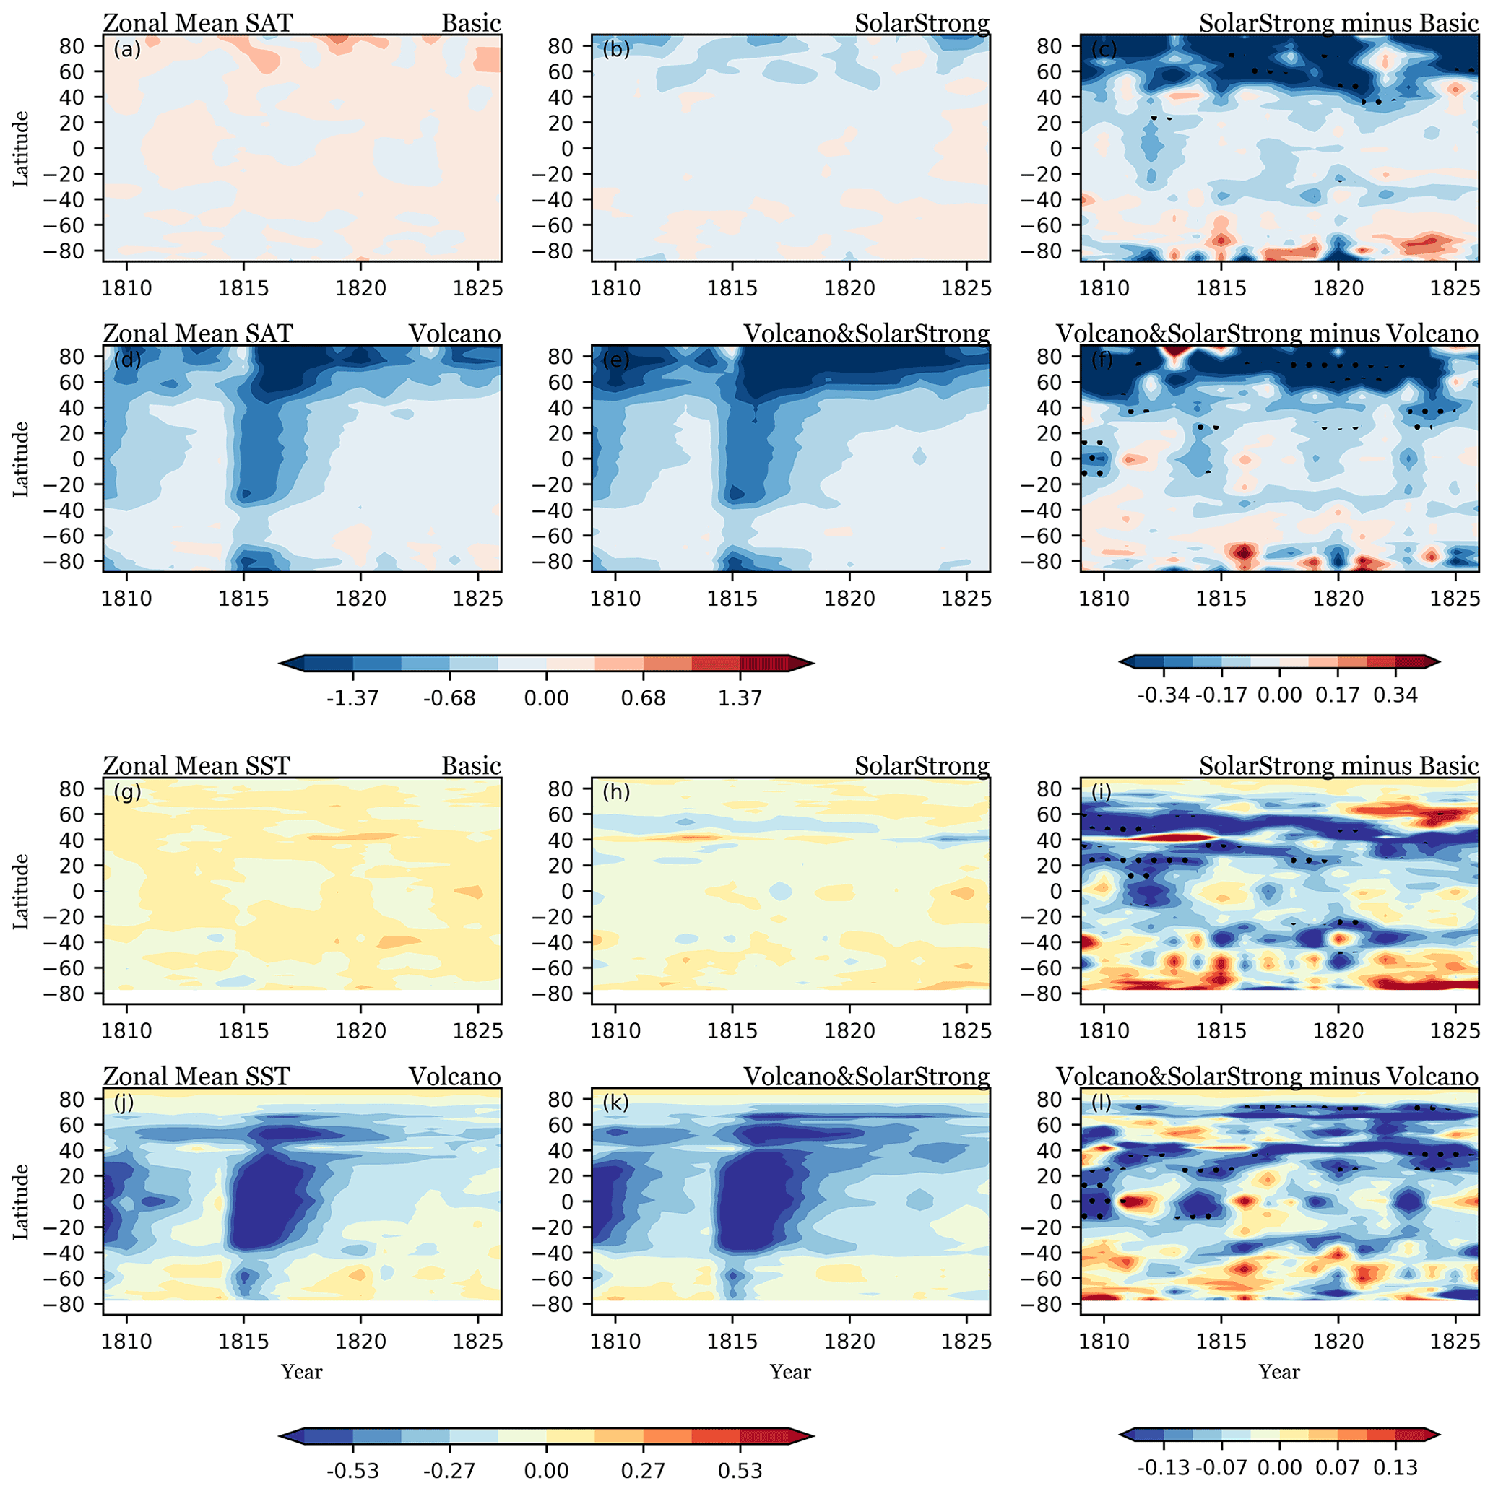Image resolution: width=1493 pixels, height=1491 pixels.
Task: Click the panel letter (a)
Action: pyautogui.click(x=126, y=51)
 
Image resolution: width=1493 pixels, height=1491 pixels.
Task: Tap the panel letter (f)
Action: pyautogui.click(x=1102, y=360)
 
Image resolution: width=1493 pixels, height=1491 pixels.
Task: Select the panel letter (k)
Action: pyautogui.click(x=615, y=1103)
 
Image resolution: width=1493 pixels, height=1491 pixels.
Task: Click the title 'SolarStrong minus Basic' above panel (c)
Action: pyautogui.click(x=1338, y=23)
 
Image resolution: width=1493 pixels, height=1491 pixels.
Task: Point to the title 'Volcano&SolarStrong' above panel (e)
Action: pyautogui.click(x=866, y=334)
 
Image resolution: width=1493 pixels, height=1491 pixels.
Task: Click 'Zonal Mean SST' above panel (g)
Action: pyautogui.click(x=196, y=765)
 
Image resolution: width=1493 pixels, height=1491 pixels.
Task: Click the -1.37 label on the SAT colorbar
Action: pyautogui.click(x=352, y=698)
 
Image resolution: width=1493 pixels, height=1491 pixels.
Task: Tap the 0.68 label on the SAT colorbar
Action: pyautogui.click(x=643, y=698)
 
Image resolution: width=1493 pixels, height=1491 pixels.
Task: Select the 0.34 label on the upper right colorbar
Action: pyautogui.click(x=1395, y=695)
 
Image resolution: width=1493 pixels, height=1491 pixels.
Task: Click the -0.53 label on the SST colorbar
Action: pyautogui.click(x=352, y=1469)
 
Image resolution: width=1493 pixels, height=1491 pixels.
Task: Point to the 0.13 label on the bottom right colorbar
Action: pyautogui.click(x=1395, y=1467)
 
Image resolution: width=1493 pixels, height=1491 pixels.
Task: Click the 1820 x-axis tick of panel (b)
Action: pyautogui.click(x=849, y=289)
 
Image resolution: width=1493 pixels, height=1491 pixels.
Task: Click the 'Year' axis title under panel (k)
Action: pyautogui.click(x=789, y=1372)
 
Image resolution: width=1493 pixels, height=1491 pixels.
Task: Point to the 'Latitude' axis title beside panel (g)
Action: pyautogui.click(x=21, y=891)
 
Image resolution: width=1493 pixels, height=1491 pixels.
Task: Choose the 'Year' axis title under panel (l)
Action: pyautogui.click(x=1279, y=1372)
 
